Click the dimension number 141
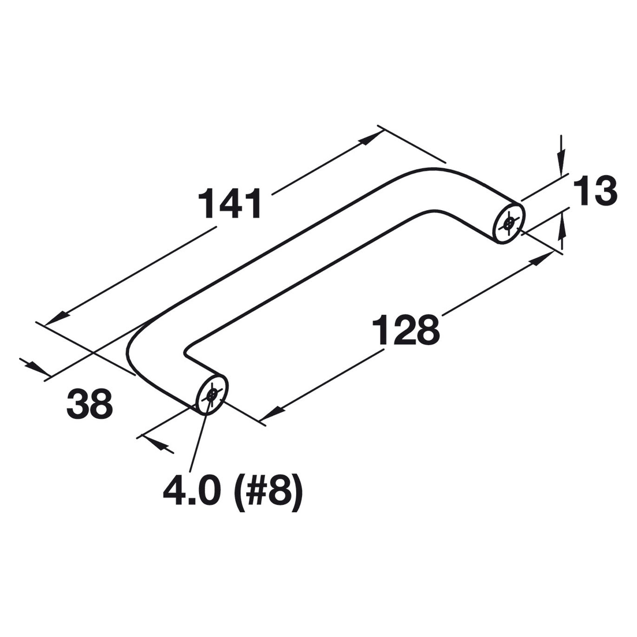click(230, 204)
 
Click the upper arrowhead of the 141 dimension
click(371, 138)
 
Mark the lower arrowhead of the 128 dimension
click(273, 414)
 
